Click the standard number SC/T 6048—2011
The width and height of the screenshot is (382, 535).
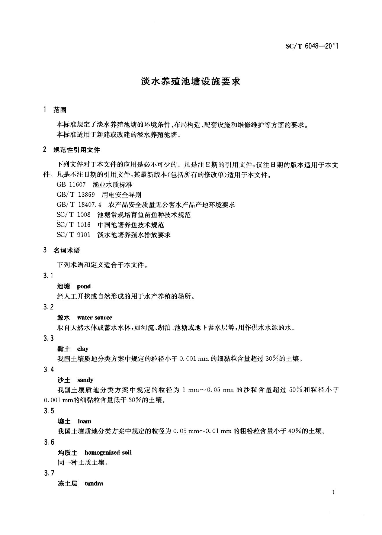[312, 46]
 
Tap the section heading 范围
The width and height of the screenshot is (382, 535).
[60, 110]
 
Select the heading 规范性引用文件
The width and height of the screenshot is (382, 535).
[77, 150]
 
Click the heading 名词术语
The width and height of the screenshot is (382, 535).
[67, 250]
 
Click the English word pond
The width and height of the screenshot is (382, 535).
[84, 286]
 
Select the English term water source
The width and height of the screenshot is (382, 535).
[94, 318]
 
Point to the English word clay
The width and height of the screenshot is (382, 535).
[83, 349]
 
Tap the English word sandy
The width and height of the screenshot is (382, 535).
[85, 380]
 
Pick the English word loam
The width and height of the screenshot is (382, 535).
[85, 421]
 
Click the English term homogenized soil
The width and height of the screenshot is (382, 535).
[108, 453]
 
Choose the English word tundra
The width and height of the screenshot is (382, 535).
[94, 484]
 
